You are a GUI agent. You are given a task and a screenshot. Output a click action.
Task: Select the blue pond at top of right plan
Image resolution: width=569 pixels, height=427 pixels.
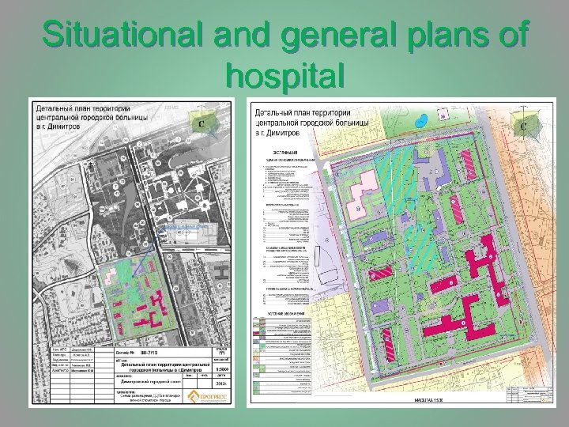pyautogui.click(x=424, y=119)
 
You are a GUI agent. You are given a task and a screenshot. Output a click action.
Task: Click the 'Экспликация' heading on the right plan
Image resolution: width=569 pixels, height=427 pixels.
pyautogui.click(x=285, y=151)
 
